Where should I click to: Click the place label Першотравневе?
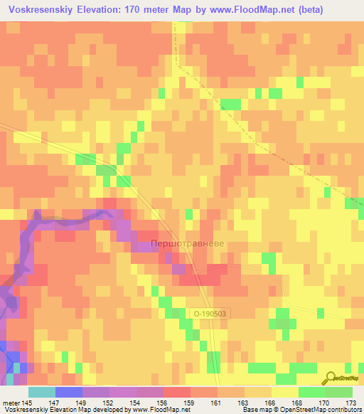tap(188, 244)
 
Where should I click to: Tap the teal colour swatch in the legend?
tap(41, 393)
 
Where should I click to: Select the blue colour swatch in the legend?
tap(68, 393)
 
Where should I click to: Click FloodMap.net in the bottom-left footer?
tap(174, 410)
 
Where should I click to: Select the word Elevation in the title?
tap(106, 10)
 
